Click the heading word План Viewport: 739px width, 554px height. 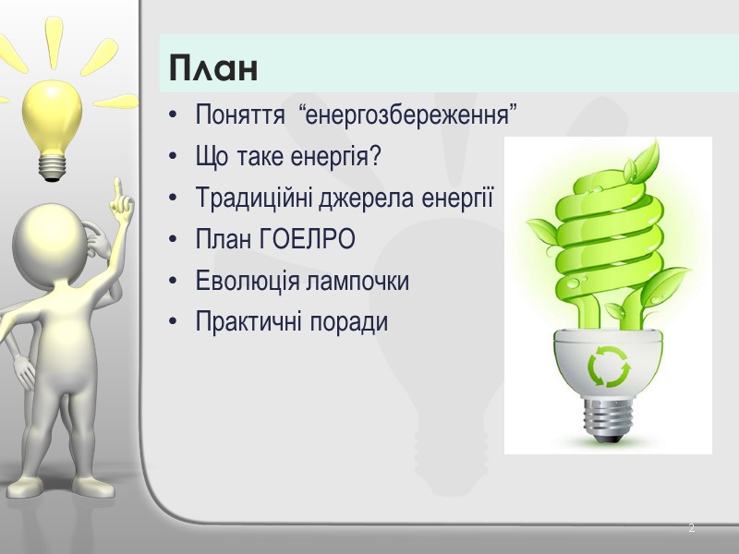[x=212, y=67]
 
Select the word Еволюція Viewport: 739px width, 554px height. [x=240, y=281]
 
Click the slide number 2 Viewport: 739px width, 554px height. [x=691, y=529]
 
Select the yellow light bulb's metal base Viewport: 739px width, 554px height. [x=52, y=163]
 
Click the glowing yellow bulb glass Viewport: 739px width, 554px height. [x=53, y=115]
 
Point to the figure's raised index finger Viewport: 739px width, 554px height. [x=117, y=191]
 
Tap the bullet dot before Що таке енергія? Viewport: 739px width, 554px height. [x=176, y=159]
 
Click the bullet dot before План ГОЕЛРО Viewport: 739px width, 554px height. [x=176, y=241]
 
